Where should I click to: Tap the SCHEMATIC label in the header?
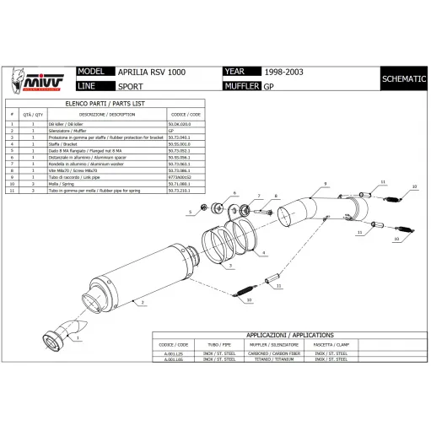coord(402,78)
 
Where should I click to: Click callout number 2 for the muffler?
coord(144,300)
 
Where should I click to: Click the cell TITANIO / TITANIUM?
coord(269,359)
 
